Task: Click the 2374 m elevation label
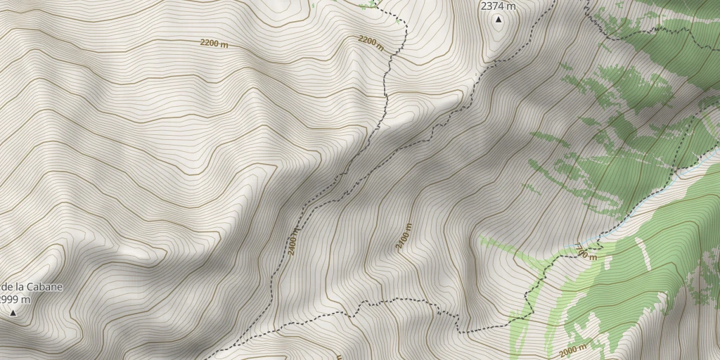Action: click(498, 6)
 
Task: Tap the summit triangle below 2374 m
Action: click(499, 20)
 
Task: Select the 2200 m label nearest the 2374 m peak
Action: click(371, 43)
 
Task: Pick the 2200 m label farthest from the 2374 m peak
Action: click(214, 44)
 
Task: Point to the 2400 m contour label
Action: click(294, 240)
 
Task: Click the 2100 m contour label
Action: click(404, 237)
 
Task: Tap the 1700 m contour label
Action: click(585, 251)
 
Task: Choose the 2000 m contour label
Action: click(572, 350)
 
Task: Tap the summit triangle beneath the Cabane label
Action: click(13, 312)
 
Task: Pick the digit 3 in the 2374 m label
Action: click(488, 6)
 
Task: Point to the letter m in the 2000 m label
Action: click(583, 347)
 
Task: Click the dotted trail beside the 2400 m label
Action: click(304, 211)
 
